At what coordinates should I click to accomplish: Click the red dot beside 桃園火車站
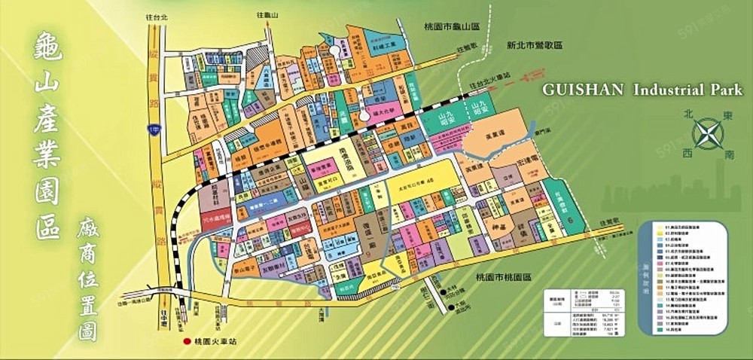coord(186,341)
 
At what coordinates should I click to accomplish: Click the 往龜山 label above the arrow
coord(267,14)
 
